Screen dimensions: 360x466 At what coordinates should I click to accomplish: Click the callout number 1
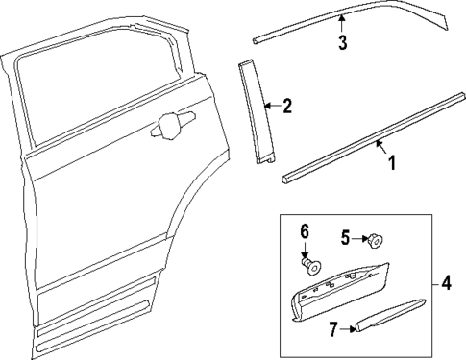(x=391, y=162)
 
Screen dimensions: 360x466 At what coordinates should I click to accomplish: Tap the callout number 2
(x=285, y=106)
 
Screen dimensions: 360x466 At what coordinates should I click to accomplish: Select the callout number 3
(x=341, y=42)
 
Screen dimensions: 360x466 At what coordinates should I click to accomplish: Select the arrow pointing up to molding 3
(x=341, y=24)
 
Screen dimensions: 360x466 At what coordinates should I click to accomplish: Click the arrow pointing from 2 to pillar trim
(x=269, y=106)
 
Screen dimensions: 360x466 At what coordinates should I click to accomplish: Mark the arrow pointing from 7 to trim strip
(x=349, y=329)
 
